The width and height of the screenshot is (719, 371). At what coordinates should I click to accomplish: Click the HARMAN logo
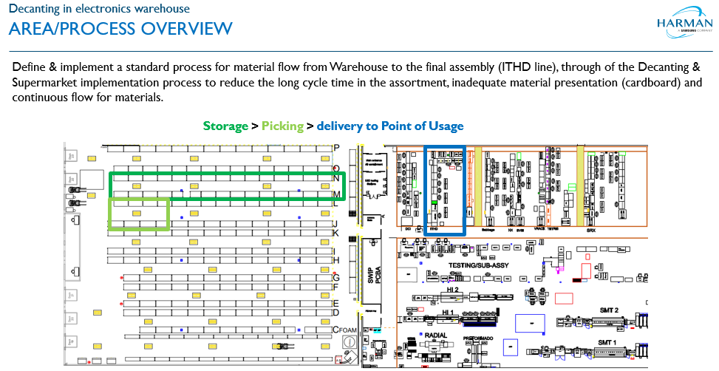(x=683, y=27)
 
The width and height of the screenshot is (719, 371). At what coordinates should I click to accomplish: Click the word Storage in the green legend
(x=225, y=126)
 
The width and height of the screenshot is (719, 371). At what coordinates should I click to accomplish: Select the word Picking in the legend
(x=282, y=126)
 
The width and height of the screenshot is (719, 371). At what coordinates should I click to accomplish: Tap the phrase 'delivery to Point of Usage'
(x=390, y=126)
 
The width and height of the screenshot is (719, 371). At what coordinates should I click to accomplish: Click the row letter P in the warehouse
(x=336, y=148)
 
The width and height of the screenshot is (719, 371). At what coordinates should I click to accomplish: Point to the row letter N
(x=336, y=178)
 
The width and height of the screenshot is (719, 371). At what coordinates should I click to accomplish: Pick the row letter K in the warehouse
(x=335, y=234)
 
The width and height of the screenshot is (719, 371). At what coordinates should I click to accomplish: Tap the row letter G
(x=335, y=278)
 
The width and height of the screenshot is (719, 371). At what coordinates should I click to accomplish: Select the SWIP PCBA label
(x=372, y=274)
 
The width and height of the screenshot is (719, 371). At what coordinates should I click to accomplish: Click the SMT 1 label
(x=607, y=343)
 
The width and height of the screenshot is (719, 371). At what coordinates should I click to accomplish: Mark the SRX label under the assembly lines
(x=591, y=230)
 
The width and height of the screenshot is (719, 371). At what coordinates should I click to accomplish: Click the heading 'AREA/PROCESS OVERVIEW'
(x=120, y=29)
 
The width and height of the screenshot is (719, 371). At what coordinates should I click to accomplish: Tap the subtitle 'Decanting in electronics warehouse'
(x=99, y=10)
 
